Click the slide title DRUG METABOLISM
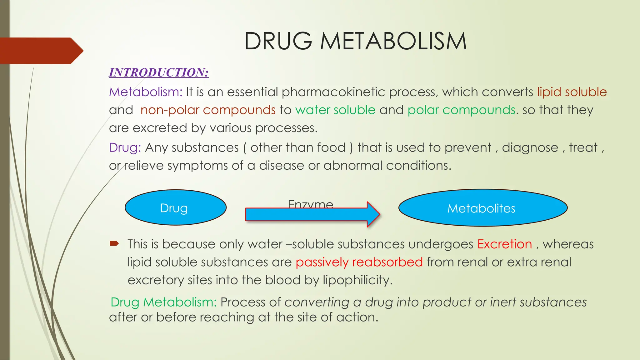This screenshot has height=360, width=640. [355, 41]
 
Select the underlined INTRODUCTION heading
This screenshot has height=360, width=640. [159, 72]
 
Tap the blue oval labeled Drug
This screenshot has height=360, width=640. [175, 208]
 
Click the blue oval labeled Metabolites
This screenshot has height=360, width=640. [482, 208]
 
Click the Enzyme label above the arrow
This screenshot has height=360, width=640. [310, 204]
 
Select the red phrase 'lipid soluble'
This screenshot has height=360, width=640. [572, 92]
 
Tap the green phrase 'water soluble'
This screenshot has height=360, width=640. [335, 110]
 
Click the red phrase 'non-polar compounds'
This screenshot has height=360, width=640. [208, 110]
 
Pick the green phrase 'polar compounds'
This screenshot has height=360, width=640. [461, 110]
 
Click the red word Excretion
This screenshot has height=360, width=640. [504, 244]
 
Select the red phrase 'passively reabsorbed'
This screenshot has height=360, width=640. [359, 262]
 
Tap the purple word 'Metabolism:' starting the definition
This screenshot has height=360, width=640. [146, 92]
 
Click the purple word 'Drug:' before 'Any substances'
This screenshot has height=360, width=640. [125, 147]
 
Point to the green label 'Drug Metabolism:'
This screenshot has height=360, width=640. [163, 302]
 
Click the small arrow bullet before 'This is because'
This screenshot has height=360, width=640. [114, 243]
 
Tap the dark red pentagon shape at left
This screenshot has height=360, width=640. [41, 51]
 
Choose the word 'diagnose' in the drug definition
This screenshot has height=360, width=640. [530, 147]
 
